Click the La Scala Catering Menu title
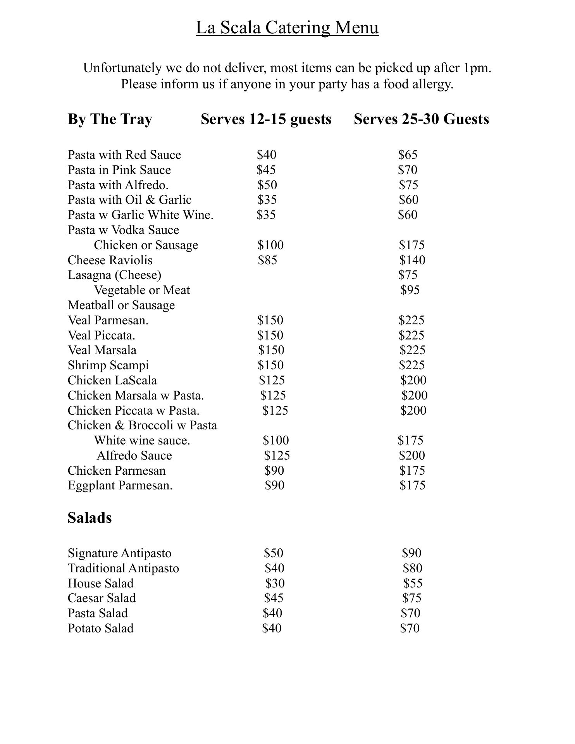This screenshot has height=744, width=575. point(287,28)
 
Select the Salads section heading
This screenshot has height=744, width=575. point(90,518)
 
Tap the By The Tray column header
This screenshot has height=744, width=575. point(110,119)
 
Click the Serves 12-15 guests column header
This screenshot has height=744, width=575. point(266,119)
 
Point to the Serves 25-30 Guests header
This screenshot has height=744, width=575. point(421,119)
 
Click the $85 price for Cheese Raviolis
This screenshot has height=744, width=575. point(268,260)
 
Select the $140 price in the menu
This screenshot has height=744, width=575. point(412,260)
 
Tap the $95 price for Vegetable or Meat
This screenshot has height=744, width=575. point(410,290)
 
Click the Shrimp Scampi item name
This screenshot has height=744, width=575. point(108,365)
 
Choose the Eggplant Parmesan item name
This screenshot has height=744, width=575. point(120,486)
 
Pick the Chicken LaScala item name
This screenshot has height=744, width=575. point(112,381)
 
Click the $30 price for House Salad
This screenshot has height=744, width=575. point(275,584)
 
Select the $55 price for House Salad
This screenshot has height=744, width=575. point(413,584)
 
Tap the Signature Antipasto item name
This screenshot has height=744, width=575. point(119,553)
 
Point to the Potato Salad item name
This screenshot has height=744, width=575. point(100,629)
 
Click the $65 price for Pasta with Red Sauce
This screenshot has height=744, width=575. point(408,155)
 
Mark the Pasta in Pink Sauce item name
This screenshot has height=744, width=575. point(119,170)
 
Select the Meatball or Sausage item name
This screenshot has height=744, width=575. point(121,305)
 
